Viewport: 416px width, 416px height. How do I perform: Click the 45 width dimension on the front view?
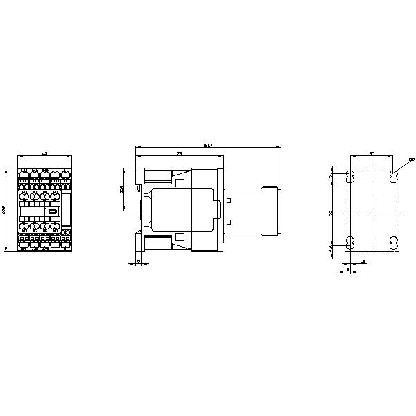(x=44, y=153)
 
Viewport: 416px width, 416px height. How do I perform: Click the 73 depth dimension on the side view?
(x=180, y=153)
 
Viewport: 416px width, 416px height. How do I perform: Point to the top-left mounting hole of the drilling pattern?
(x=350, y=174)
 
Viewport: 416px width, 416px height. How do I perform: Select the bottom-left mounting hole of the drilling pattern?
(x=350, y=243)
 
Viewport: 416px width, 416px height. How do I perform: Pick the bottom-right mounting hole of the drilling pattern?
(x=393, y=243)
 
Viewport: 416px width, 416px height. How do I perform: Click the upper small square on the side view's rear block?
(x=229, y=199)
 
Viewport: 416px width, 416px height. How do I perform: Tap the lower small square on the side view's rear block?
(x=229, y=221)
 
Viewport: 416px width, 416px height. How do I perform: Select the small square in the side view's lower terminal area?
(x=180, y=238)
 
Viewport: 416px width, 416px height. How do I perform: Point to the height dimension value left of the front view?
(x=6, y=209)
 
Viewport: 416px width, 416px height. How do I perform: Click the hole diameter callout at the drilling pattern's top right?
(x=411, y=159)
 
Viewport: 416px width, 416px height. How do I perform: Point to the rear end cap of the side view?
(x=277, y=210)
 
